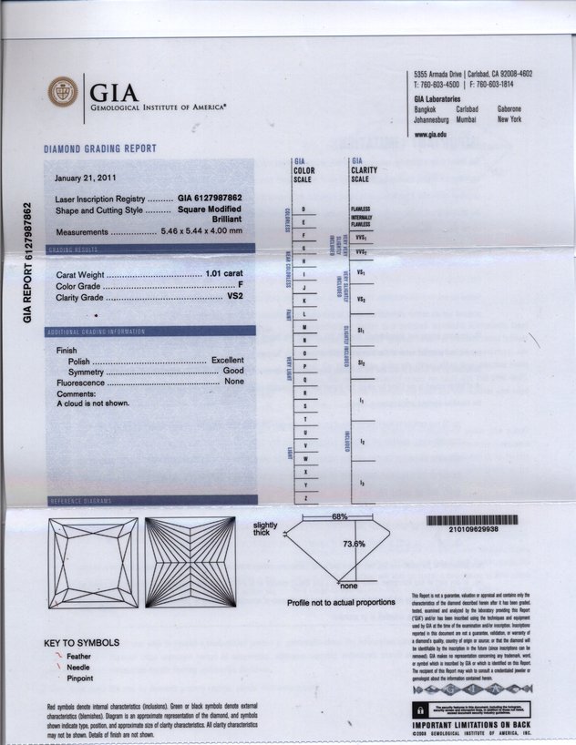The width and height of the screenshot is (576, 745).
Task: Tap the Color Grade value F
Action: point(240,285)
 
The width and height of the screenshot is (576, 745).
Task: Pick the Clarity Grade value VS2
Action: point(234,297)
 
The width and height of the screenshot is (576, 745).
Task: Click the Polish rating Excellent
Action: point(227,361)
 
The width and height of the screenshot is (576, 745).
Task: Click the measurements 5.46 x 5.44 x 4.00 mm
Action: point(202,230)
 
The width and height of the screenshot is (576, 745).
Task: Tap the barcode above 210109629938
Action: point(470,520)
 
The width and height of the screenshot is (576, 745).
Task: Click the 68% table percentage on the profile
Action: point(339,517)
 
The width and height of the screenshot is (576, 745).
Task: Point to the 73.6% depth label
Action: point(354,544)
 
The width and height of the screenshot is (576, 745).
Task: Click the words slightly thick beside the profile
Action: point(266,528)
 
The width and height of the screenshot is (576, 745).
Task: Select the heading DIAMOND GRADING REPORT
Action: point(100,148)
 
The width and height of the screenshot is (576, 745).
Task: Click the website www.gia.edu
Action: point(430,134)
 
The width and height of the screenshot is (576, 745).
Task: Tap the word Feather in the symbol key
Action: point(79,655)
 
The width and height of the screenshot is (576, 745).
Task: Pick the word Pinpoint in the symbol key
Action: point(81,679)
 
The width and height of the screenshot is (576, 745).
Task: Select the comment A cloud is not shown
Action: point(93,403)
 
